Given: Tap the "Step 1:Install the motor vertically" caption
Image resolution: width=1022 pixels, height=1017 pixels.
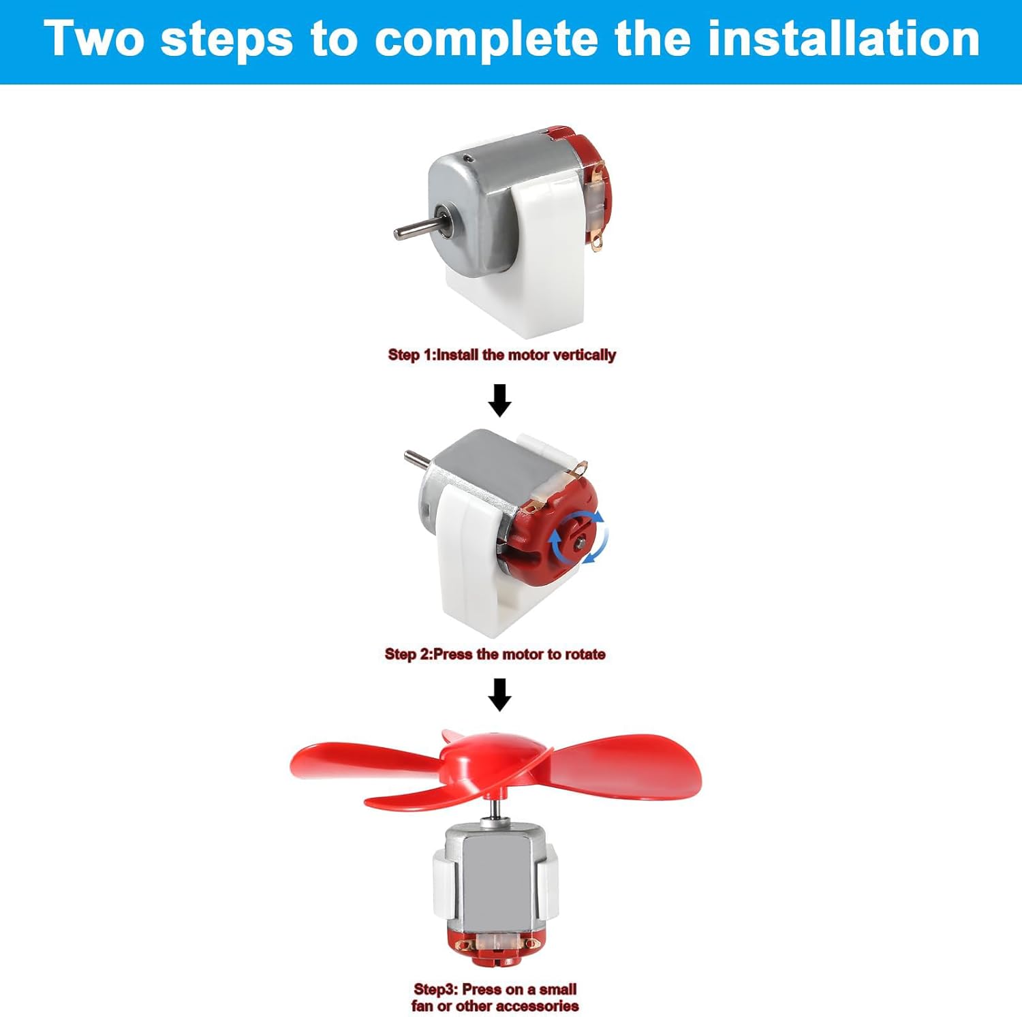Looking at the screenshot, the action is (x=501, y=355).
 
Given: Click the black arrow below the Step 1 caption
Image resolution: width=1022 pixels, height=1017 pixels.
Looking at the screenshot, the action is (x=500, y=401).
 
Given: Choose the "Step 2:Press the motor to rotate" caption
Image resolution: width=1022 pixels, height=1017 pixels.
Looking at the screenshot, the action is (x=495, y=655).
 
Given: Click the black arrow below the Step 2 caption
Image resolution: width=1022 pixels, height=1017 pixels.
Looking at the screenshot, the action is (x=501, y=695).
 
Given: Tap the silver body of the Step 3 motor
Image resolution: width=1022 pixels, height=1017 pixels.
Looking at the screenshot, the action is (x=495, y=879).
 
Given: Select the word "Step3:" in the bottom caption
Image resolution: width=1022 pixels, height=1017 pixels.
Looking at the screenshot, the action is (x=436, y=989).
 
